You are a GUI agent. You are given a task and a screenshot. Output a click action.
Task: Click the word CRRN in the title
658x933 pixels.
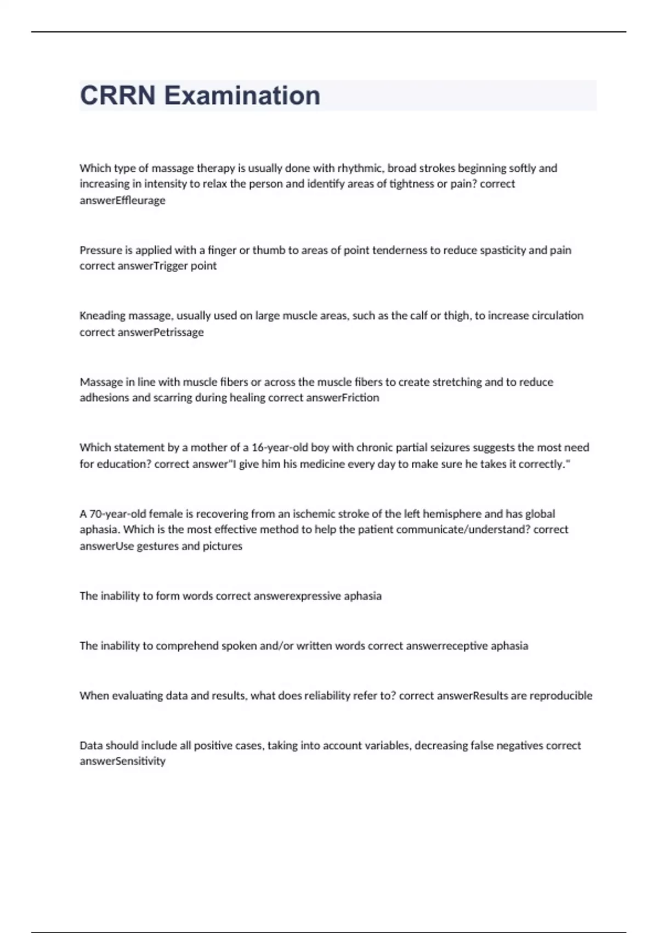point(117,95)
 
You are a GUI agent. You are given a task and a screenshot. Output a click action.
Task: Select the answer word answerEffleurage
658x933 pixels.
point(122,200)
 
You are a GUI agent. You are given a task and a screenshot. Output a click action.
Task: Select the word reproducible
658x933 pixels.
point(560,695)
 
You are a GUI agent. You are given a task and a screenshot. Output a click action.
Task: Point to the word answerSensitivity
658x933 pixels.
point(122,761)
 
